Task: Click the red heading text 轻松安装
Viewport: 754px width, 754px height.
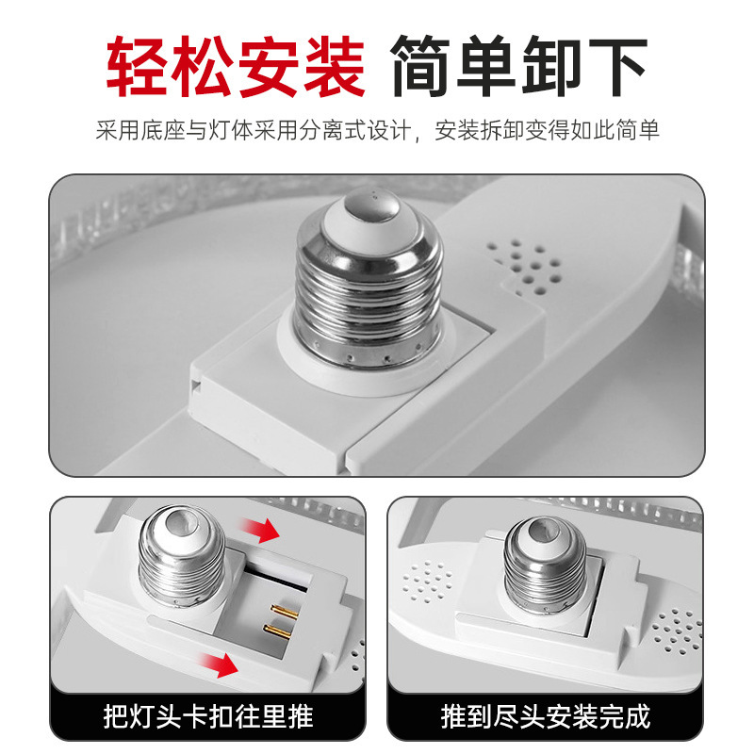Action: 236,66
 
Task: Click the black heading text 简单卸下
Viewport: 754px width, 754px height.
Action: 519,66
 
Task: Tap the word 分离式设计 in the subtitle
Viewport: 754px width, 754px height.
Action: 355,130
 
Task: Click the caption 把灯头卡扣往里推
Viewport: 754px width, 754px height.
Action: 208,716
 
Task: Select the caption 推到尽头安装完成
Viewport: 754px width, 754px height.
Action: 546,716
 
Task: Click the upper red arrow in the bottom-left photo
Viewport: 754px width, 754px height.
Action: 260,531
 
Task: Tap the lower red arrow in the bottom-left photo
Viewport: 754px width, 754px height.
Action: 220,664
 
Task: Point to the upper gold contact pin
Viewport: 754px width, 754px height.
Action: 285,612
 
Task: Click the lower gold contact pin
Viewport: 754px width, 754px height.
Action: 277,631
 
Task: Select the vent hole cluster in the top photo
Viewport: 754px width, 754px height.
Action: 525,266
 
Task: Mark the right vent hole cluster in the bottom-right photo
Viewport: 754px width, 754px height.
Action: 677,631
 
